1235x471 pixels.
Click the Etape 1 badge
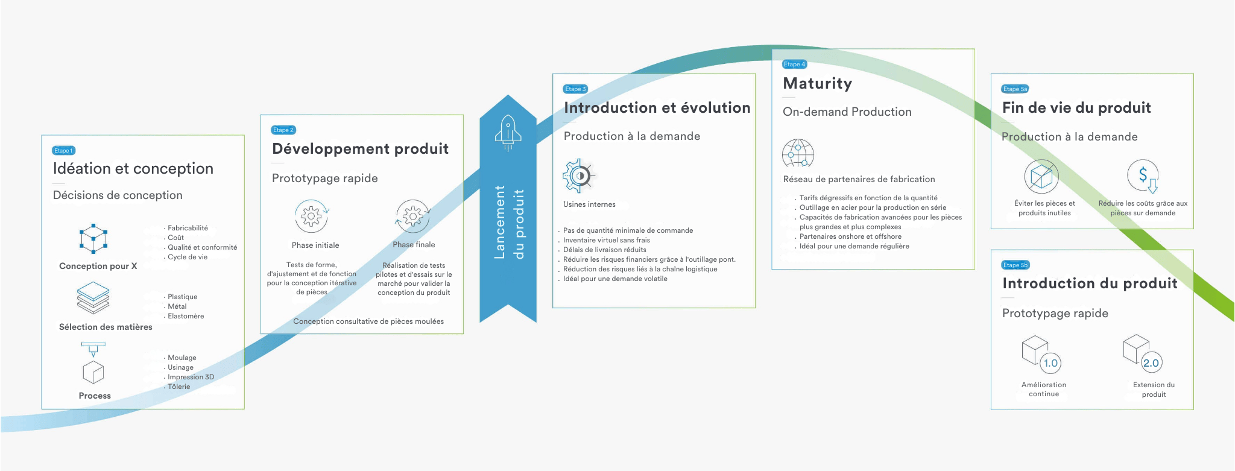coord(63,150)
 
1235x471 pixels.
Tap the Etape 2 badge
coord(283,130)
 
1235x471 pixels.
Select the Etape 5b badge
coord(1015,265)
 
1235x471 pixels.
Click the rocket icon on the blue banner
coord(508,133)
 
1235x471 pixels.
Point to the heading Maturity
coord(817,83)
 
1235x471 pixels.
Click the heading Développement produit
coord(360,148)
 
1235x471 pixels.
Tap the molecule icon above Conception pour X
coord(93,238)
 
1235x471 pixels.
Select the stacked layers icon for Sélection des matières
coord(93,298)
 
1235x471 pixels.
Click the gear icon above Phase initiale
coord(311,216)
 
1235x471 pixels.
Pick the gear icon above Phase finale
coord(412,216)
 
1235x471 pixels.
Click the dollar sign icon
coord(1143,176)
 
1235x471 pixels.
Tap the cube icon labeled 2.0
coord(1142,353)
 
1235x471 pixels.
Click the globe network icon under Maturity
coord(798,153)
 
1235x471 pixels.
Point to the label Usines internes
coord(589,204)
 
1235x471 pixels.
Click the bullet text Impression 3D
coord(191,377)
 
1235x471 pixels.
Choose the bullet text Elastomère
coord(186,316)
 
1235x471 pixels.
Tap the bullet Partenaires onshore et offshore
coord(850,236)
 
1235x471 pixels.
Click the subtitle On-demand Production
coord(847,112)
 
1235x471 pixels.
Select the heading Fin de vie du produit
coord(1076,107)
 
